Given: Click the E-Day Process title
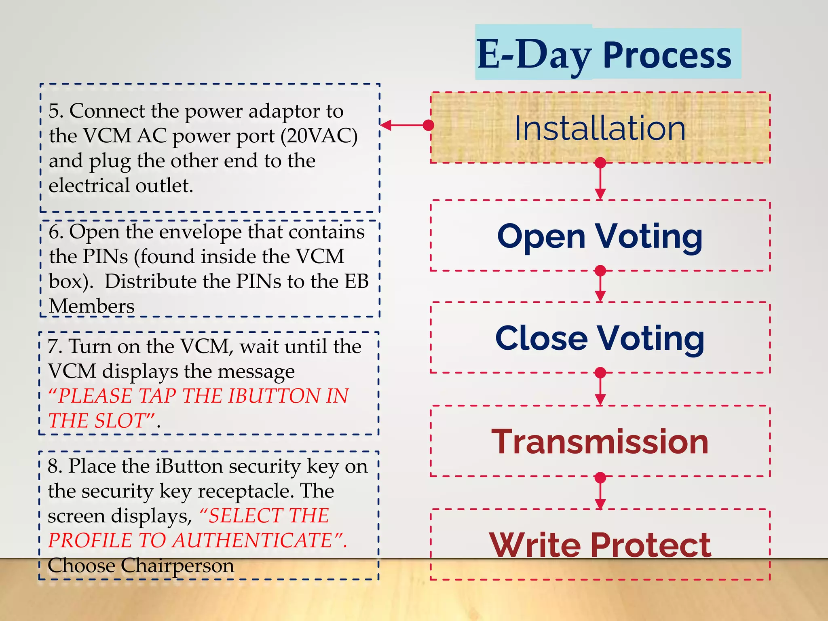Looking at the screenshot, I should point(604,55).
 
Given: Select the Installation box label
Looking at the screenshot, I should point(600,129).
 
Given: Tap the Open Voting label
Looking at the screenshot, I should point(600,237).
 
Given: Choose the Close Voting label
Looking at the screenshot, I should point(600,338).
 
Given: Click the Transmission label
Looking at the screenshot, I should point(600,442).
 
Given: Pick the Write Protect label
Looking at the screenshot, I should point(600,545).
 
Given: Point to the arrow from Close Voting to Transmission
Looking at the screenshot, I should point(600,389).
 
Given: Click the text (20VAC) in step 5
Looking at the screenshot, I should point(319,136).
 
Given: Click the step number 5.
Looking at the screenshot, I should point(55,111).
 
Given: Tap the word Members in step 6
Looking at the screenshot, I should point(92,306).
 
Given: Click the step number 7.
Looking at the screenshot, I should point(54,347).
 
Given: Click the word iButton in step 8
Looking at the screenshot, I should point(189,466).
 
